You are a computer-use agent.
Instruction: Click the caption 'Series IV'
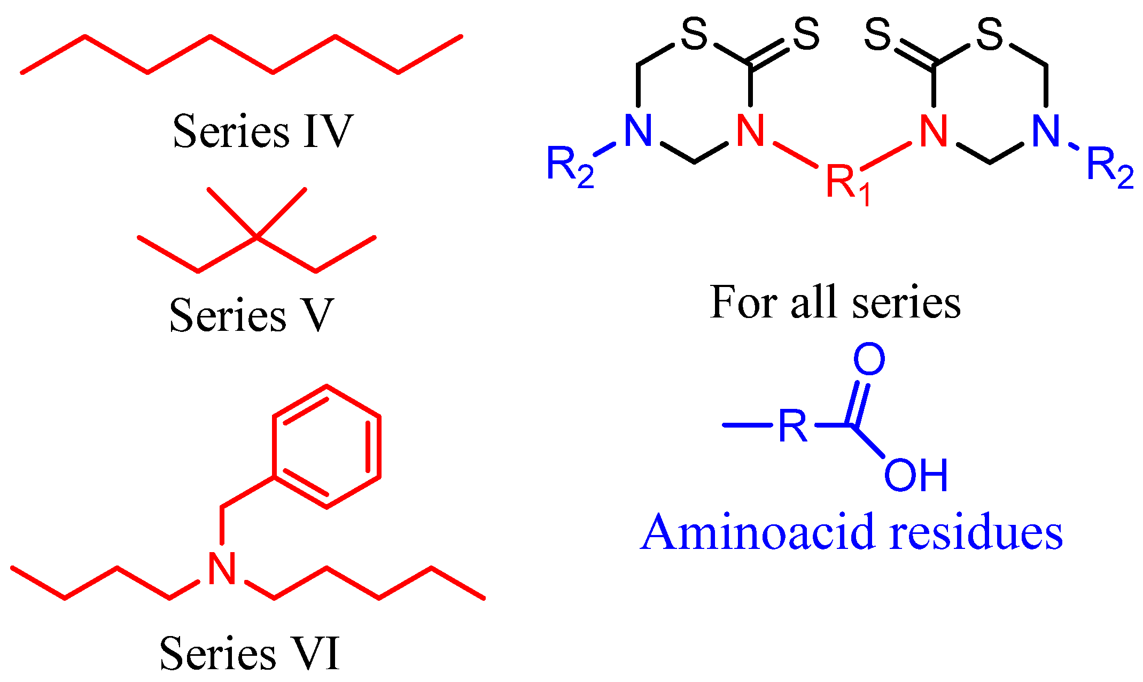(x=262, y=131)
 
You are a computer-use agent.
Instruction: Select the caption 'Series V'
(x=251, y=315)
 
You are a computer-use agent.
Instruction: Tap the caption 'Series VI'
(x=250, y=653)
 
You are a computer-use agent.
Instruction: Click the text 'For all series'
(x=835, y=303)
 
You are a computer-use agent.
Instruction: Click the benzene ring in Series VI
(x=326, y=446)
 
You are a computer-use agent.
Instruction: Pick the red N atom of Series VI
(x=222, y=569)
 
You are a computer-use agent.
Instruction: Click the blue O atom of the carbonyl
(x=869, y=359)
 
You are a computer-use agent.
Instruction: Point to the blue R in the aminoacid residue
(x=792, y=426)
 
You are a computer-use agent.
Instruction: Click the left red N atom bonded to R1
(x=750, y=131)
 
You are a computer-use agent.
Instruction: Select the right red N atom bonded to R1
(x=934, y=131)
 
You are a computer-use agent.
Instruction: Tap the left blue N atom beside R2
(x=638, y=131)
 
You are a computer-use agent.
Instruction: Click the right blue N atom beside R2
(x=1046, y=131)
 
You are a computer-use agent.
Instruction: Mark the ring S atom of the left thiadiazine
(x=694, y=35)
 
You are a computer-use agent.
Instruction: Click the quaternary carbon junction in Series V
(x=257, y=237)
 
